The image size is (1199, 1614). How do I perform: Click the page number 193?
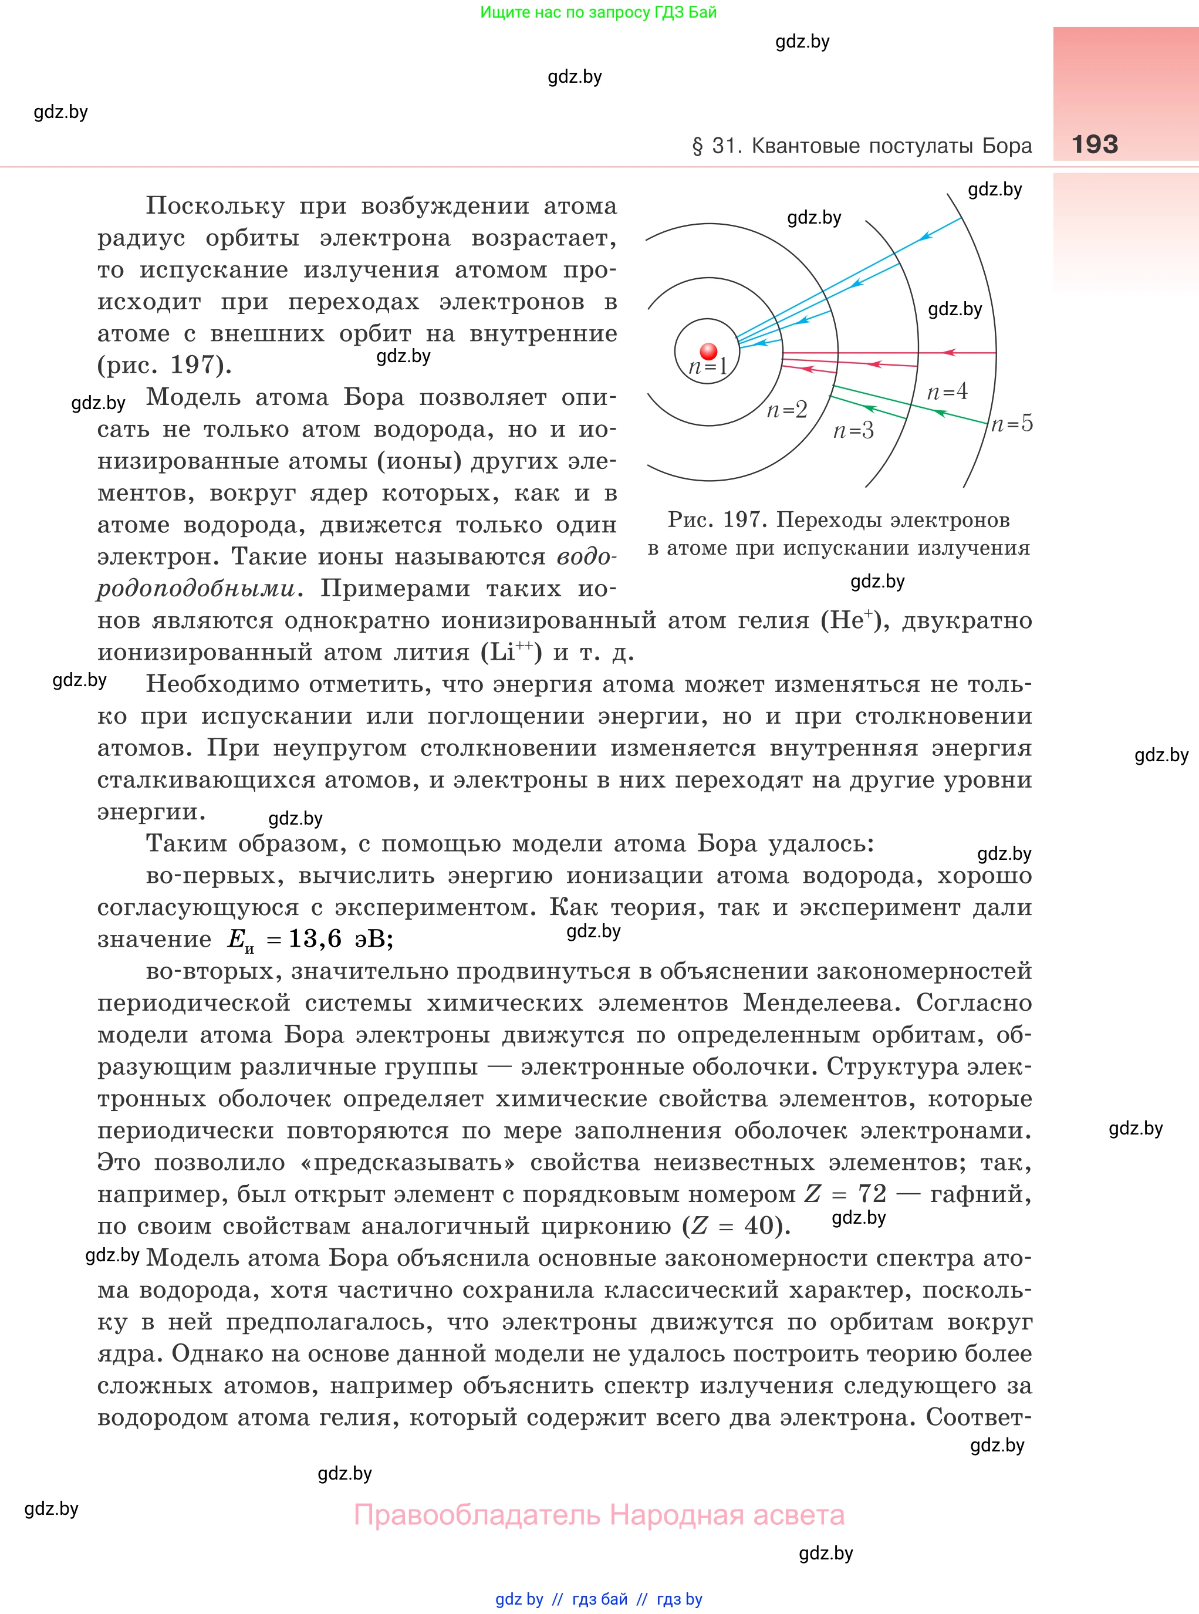click(x=1095, y=144)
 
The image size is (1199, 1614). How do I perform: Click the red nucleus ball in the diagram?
click(x=708, y=352)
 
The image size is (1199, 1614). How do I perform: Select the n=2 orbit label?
click(x=787, y=411)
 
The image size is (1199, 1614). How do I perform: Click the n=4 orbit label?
click(x=947, y=393)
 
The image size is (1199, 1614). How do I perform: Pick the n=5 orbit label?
click(x=1012, y=424)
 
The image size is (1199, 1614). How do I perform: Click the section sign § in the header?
click(x=697, y=147)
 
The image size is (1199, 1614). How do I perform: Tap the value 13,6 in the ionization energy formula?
click(x=315, y=939)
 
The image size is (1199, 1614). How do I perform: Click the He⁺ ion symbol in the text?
click(x=850, y=620)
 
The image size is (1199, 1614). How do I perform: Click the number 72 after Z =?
click(x=872, y=1194)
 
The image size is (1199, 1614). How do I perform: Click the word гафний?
click(x=980, y=1194)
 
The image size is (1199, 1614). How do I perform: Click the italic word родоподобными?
click(x=196, y=589)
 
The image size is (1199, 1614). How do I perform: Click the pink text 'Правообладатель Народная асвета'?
click(x=599, y=1515)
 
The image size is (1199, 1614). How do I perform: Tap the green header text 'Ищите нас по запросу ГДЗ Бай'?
click(x=598, y=12)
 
